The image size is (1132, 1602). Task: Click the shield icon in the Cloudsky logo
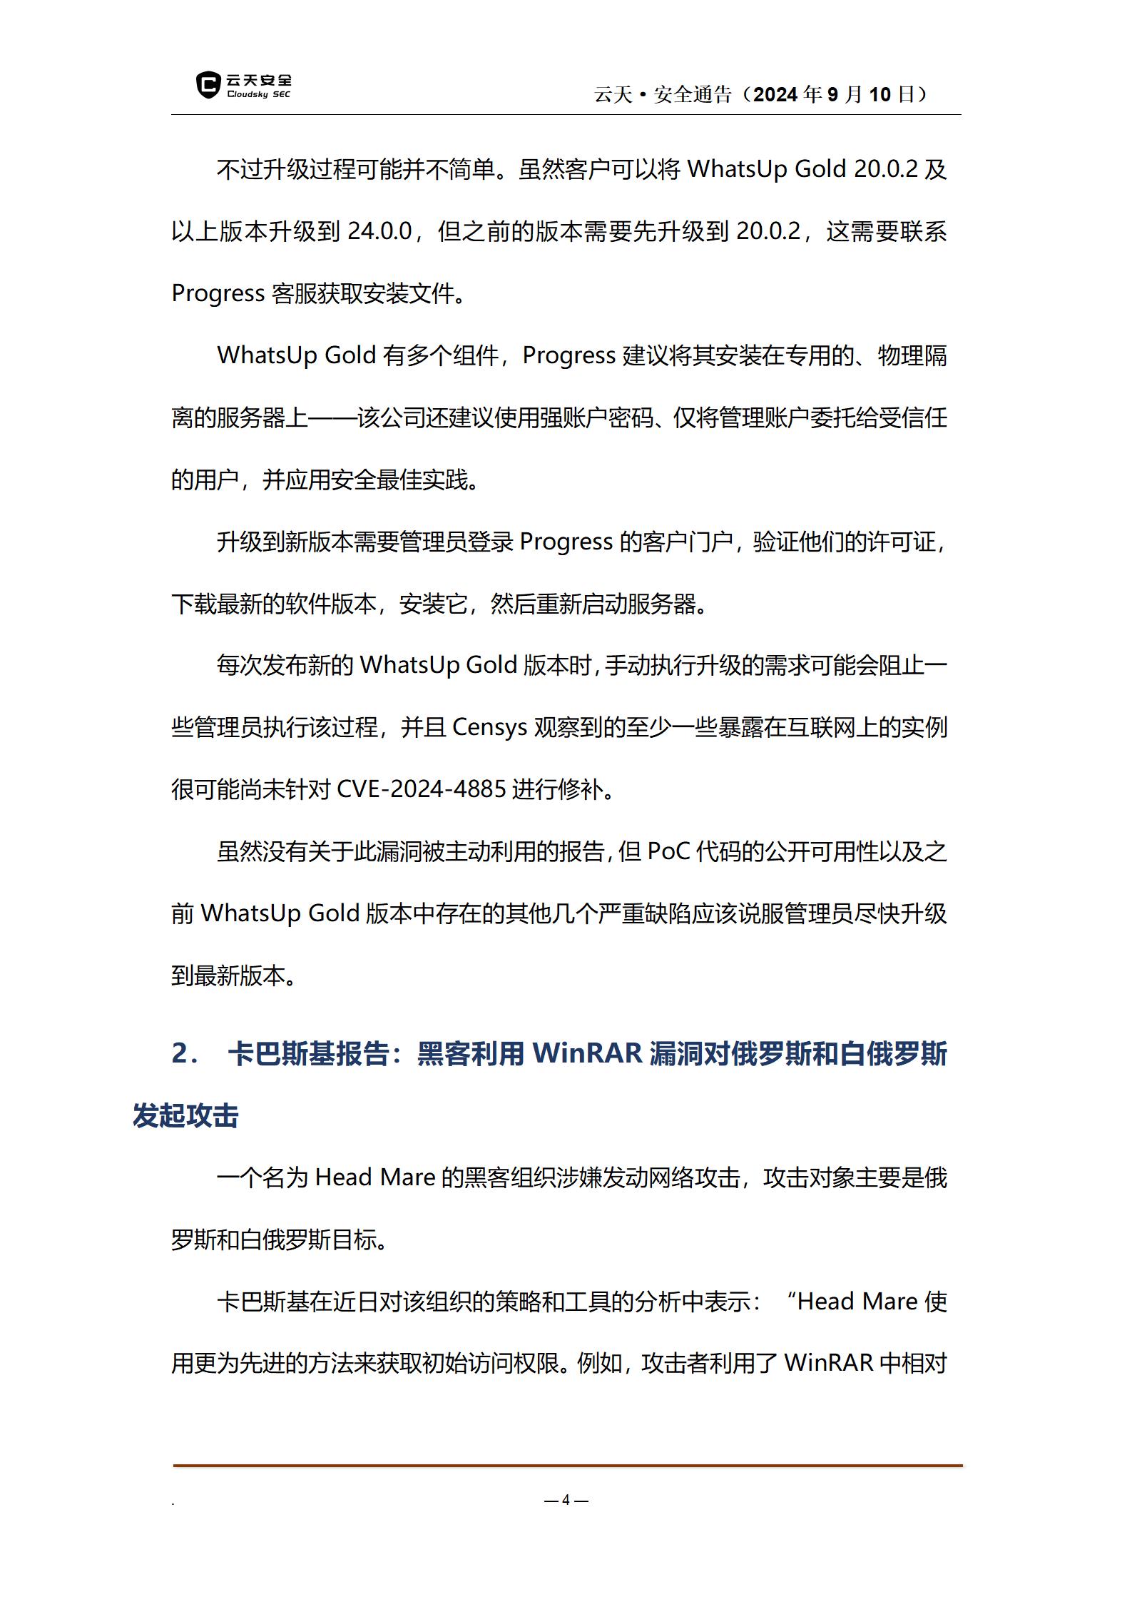click(x=208, y=85)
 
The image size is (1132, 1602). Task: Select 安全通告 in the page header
click(x=692, y=94)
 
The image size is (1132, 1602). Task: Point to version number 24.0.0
click(x=379, y=231)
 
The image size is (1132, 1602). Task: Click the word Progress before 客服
click(x=218, y=293)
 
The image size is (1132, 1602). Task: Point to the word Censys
click(x=489, y=727)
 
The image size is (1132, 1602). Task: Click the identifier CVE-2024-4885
click(x=421, y=789)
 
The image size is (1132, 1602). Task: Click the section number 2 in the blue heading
click(x=180, y=1054)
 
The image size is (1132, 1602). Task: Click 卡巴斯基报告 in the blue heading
click(x=308, y=1054)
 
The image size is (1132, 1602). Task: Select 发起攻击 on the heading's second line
click(x=185, y=1116)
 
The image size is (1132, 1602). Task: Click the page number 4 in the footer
click(x=566, y=1500)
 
